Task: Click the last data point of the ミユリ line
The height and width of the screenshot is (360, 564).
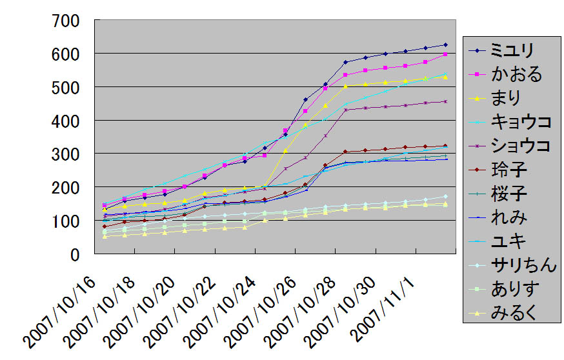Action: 445,45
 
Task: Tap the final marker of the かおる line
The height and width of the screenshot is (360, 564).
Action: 445,54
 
